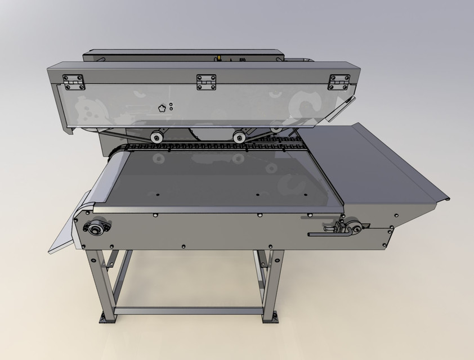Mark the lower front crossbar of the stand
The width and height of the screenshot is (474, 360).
[189, 310]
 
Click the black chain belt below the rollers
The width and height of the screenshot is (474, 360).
[214, 147]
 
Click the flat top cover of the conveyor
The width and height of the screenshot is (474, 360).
[220, 180]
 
